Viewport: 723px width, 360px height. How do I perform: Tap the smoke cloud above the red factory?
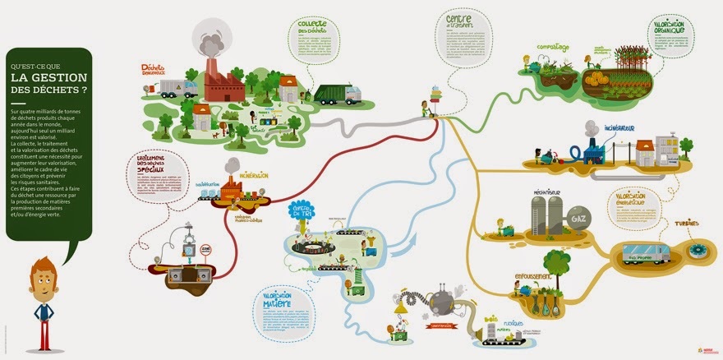[210, 37]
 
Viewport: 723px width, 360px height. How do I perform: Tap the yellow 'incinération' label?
[255, 175]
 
